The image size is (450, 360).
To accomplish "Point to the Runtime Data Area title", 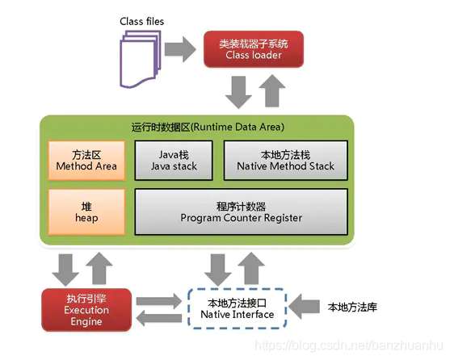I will tap(196, 127).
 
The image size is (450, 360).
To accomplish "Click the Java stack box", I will tap(173, 160).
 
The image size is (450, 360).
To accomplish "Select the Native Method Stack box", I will tap(286, 160).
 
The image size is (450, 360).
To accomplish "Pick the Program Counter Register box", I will tap(242, 211).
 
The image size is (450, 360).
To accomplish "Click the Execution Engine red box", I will tap(86, 309).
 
